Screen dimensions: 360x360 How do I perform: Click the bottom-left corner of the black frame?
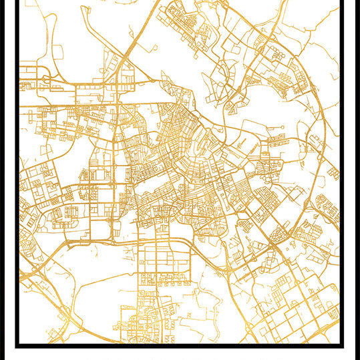pos(17,345)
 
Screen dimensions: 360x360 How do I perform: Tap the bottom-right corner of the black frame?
pos(342,345)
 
